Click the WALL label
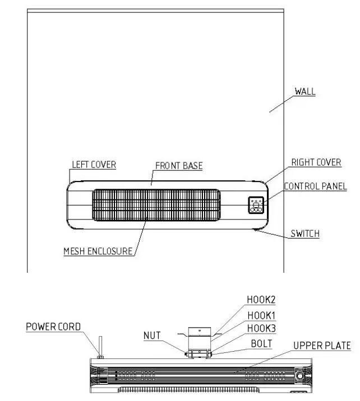click(305, 91)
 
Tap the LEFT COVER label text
click(94, 165)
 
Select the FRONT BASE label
click(178, 166)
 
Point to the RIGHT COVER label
click(316, 162)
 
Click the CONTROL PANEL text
click(315, 186)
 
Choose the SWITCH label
click(305, 234)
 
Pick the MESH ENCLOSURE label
click(98, 251)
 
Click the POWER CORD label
click(53, 327)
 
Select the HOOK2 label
click(261, 300)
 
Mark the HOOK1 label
click(261, 315)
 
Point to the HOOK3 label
click(261, 328)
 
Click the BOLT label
click(261, 343)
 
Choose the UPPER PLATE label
click(322, 346)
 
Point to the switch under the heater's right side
click(257, 229)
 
